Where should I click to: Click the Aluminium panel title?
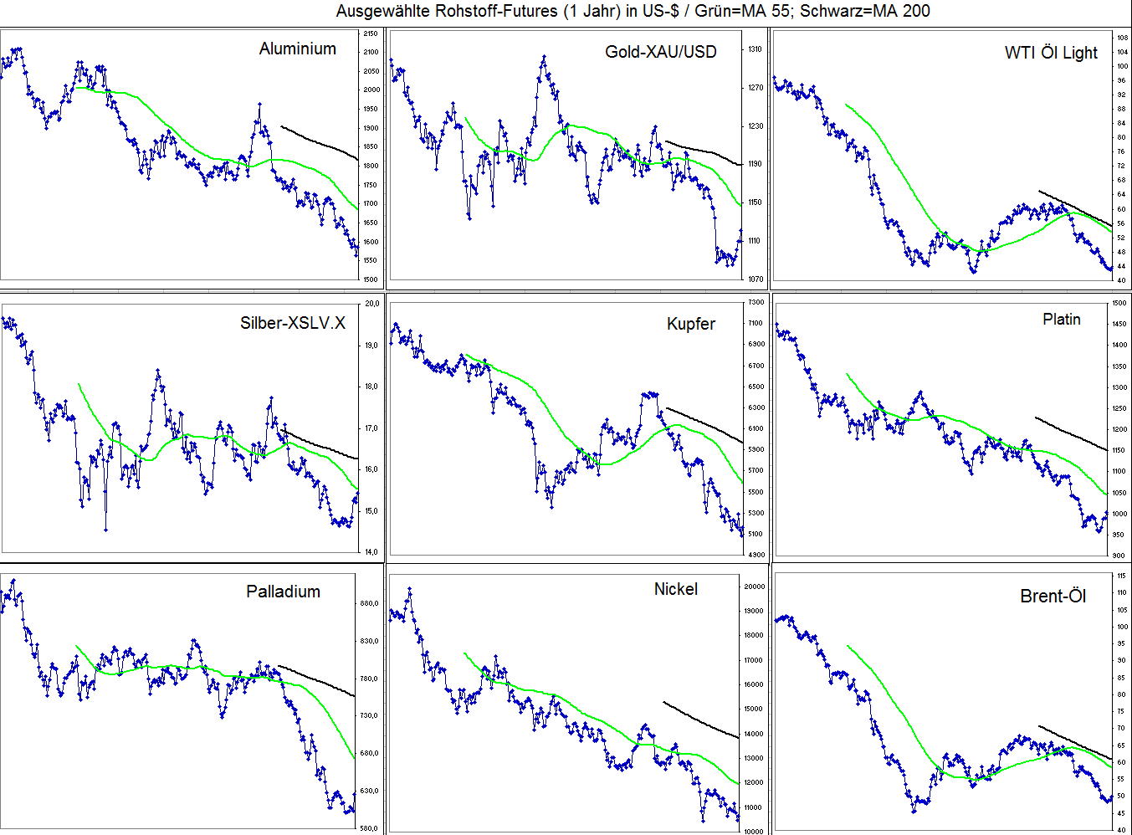pyautogui.click(x=297, y=49)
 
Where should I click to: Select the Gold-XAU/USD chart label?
pyautogui.click(x=660, y=52)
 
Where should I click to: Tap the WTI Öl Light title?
pyautogui.click(x=1050, y=53)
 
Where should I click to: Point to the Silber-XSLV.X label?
pyautogui.click(x=292, y=323)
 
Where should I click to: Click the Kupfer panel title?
pyautogui.click(x=691, y=324)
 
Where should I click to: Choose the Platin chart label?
pyautogui.click(x=1061, y=320)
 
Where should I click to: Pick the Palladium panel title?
pyautogui.click(x=283, y=592)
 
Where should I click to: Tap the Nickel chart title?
pyautogui.click(x=675, y=589)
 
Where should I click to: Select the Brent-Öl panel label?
pyautogui.click(x=1053, y=597)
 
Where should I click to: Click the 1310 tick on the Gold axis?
pyautogui.click(x=754, y=49)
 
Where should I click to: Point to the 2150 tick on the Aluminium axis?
pyautogui.click(x=371, y=33)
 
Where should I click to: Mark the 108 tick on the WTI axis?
pyautogui.click(x=1121, y=38)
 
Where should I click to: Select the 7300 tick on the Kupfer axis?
pyautogui.click(x=756, y=302)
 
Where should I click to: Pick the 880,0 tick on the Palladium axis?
pyautogui.click(x=369, y=603)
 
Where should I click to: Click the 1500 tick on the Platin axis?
pyautogui.click(x=1119, y=303)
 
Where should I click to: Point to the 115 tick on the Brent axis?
pyautogui.click(x=1120, y=576)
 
